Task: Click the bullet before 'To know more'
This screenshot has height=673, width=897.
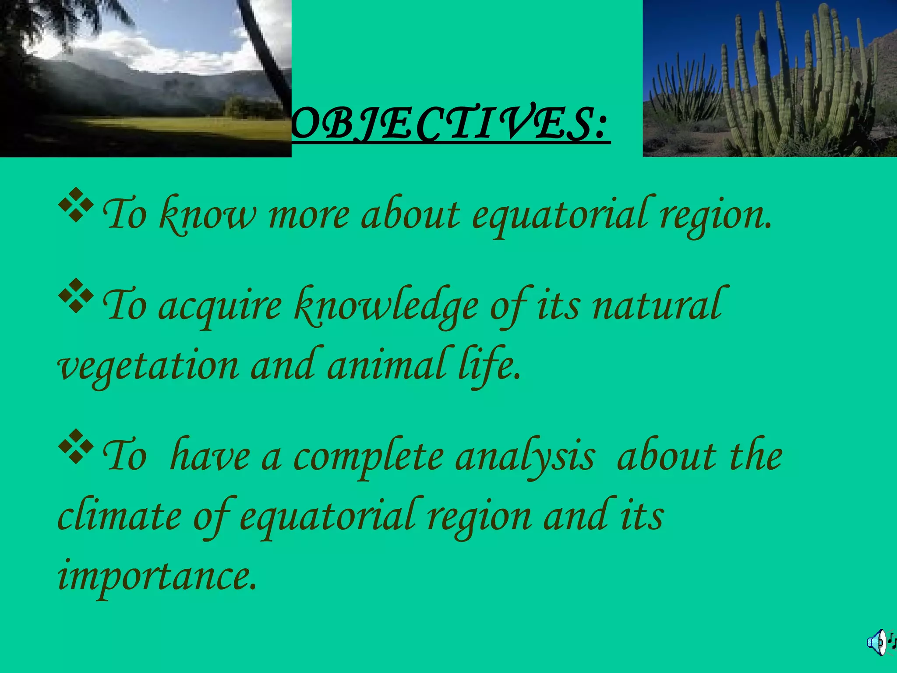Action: (75, 205)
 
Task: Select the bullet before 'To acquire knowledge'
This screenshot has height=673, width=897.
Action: (75, 296)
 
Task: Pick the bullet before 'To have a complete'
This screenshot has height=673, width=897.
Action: (75, 446)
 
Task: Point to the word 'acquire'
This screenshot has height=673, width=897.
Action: (220, 307)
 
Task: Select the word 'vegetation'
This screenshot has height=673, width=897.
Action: (149, 367)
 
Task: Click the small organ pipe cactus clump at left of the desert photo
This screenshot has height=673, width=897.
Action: (683, 92)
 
